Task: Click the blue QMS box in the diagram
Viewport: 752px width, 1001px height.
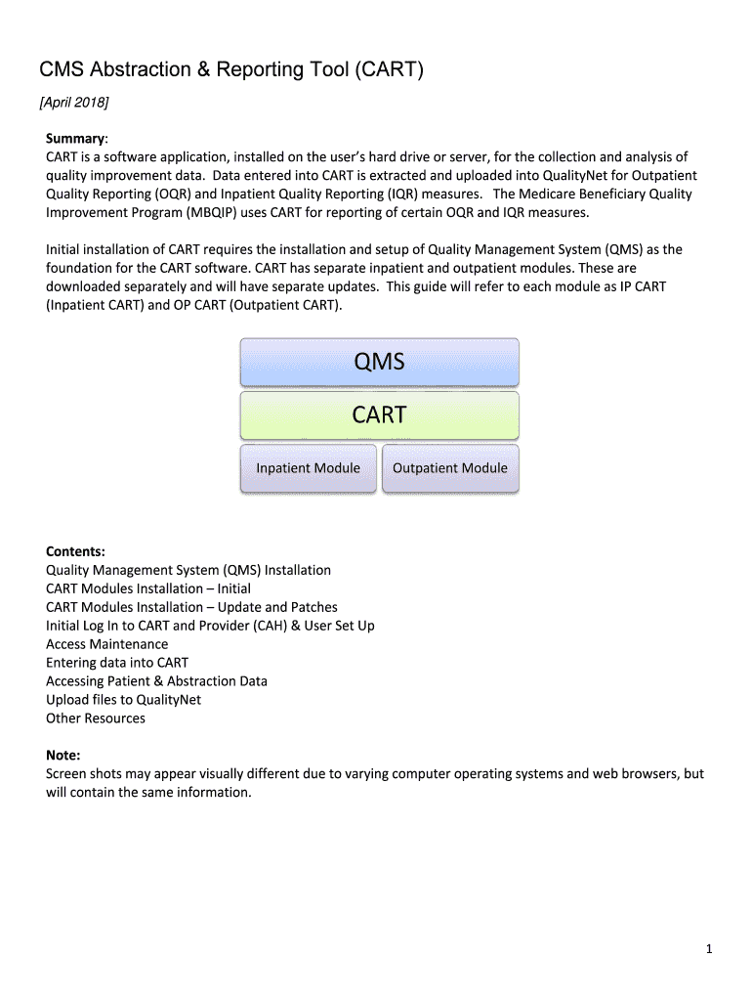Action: pyautogui.click(x=379, y=362)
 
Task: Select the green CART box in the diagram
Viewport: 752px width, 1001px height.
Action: pyautogui.click(x=379, y=415)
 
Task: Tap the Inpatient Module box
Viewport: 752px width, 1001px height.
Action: pyautogui.click(x=308, y=468)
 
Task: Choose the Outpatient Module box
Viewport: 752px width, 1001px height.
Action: pyautogui.click(x=449, y=468)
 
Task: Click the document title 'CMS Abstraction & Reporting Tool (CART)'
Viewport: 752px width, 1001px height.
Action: pyautogui.click(x=230, y=70)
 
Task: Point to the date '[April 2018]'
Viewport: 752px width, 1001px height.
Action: pyautogui.click(x=74, y=103)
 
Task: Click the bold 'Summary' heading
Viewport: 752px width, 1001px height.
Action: pyautogui.click(x=76, y=138)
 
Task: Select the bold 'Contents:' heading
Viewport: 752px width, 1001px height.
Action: pyautogui.click(x=75, y=551)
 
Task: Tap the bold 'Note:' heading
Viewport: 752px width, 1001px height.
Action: pyautogui.click(x=63, y=755)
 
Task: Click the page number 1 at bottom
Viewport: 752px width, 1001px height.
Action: pyautogui.click(x=709, y=949)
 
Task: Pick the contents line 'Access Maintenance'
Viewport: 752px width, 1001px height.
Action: pyautogui.click(x=106, y=644)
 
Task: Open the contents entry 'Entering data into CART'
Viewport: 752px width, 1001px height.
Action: pyautogui.click(x=117, y=663)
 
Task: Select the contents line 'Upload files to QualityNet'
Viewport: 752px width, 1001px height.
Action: pyautogui.click(x=123, y=700)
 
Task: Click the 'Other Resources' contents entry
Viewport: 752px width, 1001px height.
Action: pyautogui.click(x=96, y=718)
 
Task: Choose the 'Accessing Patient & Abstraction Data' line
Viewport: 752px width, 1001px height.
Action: pyautogui.click(x=156, y=681)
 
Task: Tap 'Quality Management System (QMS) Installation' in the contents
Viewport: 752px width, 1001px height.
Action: pyautogui.click(x=188, y=570)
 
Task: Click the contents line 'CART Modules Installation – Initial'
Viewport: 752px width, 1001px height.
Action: pyautogui.click(x=148, y=588)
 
